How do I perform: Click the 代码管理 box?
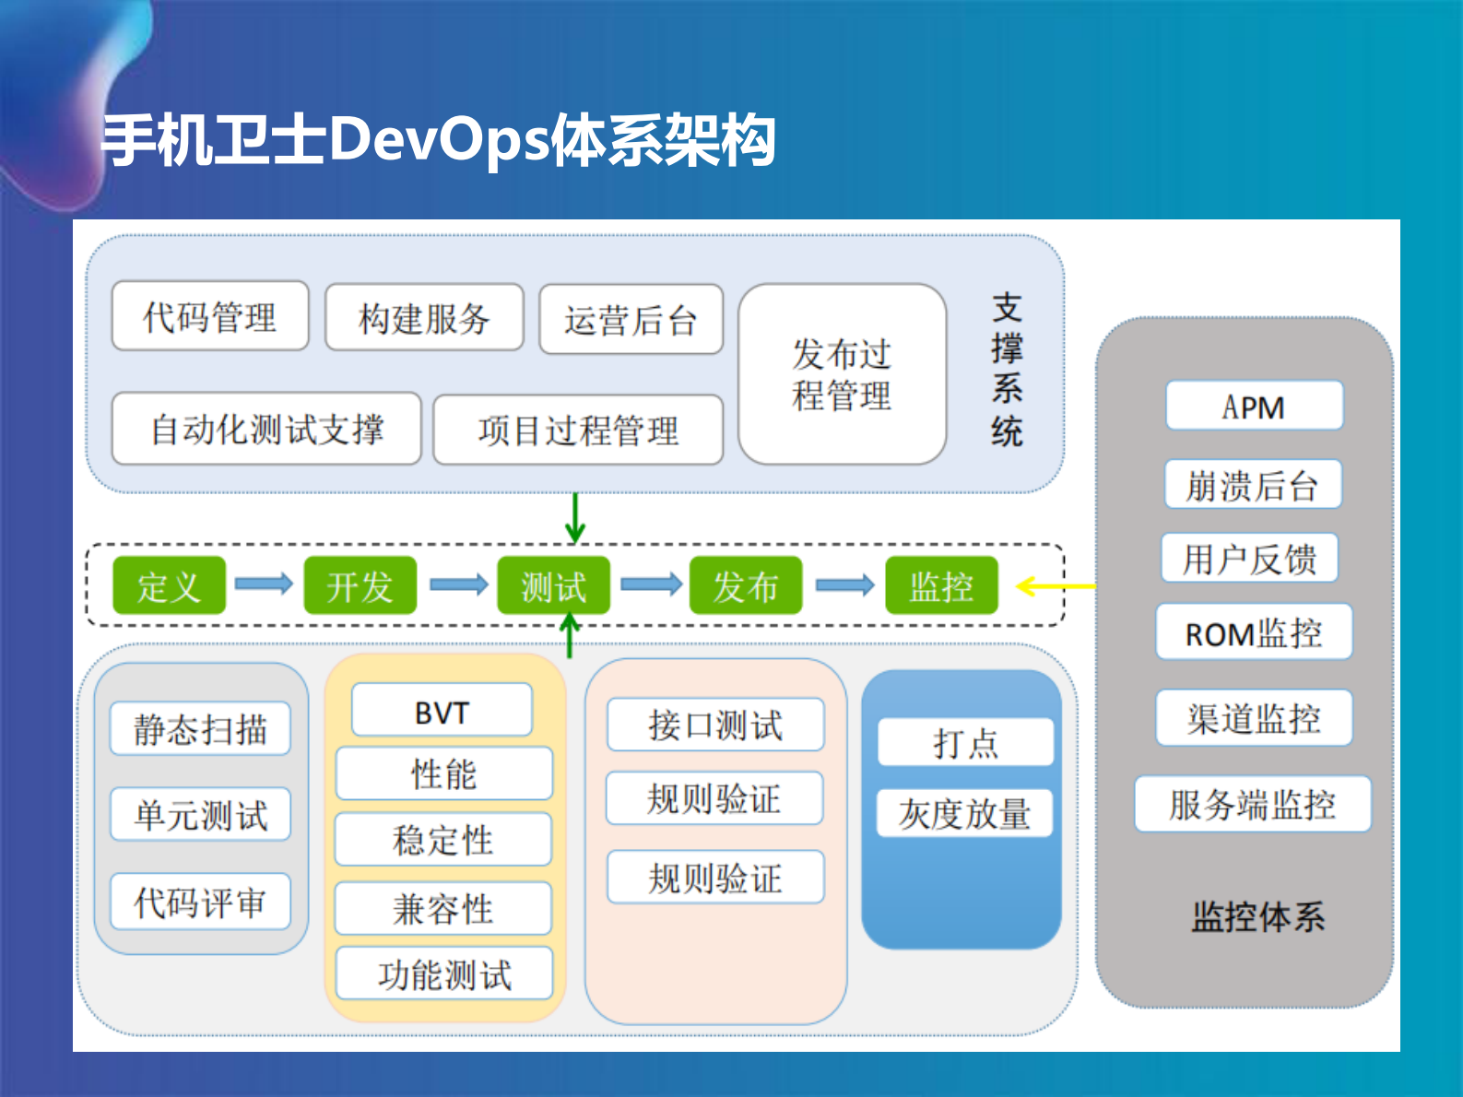coord(210,317)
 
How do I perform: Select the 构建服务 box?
coord(424,319)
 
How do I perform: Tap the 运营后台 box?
coord(631,320)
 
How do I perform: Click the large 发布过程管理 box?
coord(842,374)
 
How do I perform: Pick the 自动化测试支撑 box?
coord(266,430)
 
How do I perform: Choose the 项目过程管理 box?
coord(578,431)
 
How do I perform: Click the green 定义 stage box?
coord(169,585)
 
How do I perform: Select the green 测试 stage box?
coord(553,585)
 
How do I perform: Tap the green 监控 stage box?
coord(941,585)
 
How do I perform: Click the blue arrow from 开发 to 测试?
coord(458,584)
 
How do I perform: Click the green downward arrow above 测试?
coord(575,518)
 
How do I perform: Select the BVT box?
coord(442,711)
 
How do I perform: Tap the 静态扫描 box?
coord(200,729)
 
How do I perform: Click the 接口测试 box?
coord(714,725)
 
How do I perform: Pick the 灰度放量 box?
coord(964,813)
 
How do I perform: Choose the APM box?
coord(1254,406)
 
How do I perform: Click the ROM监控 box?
coord(1254,632)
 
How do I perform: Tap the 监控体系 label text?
coord(1257,916)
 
